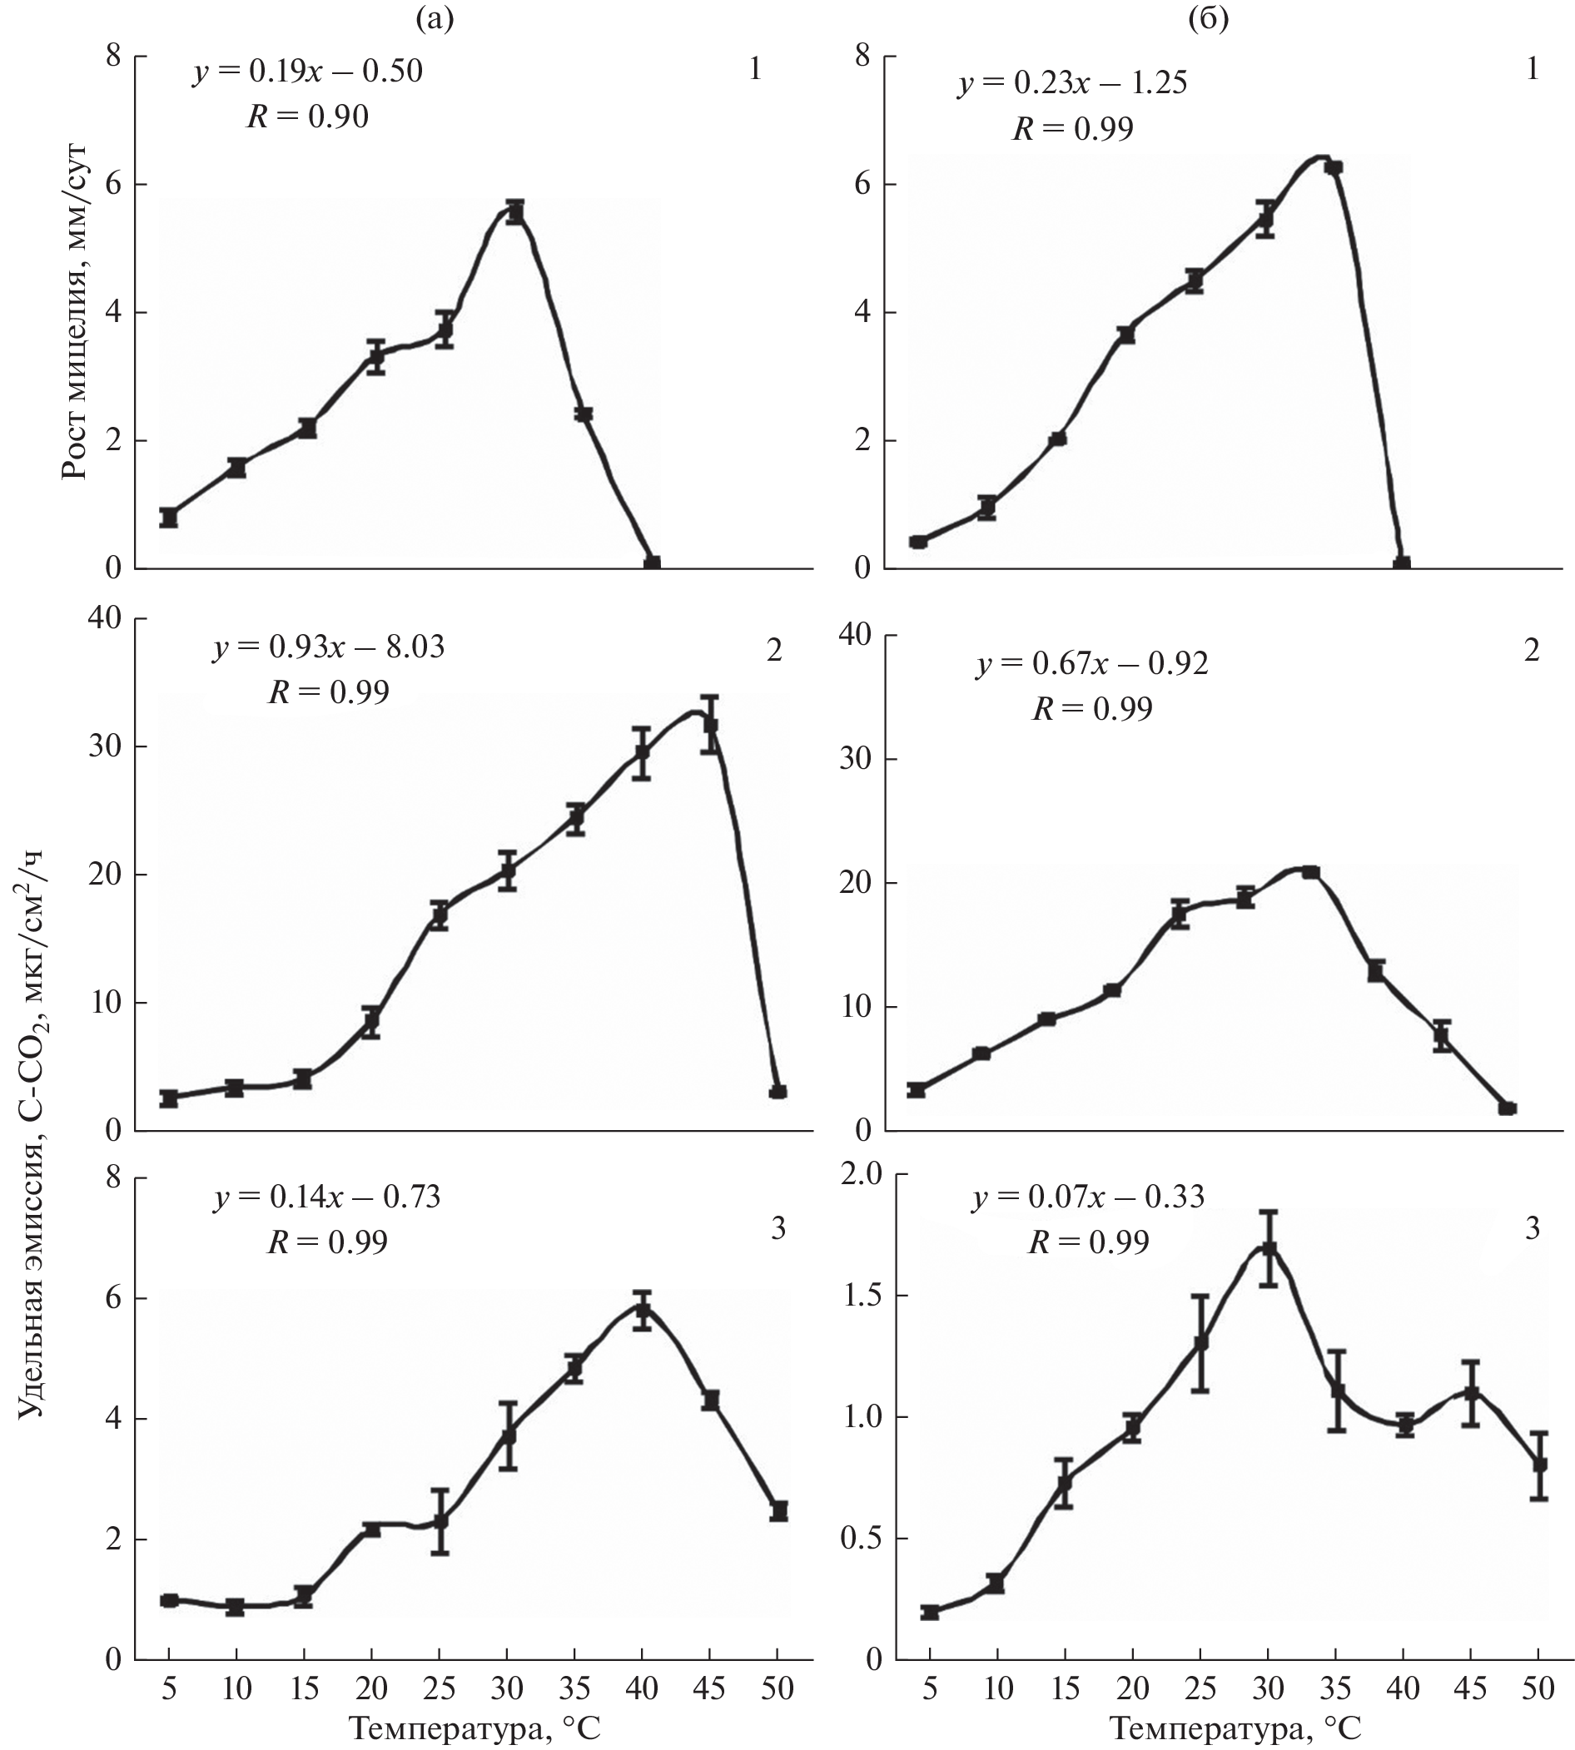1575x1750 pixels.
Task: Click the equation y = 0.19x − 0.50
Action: click(308, 70)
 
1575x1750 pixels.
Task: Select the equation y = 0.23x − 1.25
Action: click(1072, 83)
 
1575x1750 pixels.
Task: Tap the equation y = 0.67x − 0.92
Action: click(1092, 663)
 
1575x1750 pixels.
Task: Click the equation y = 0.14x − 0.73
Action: click(327, 1197)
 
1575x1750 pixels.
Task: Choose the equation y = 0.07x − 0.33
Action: click(1088, 1197)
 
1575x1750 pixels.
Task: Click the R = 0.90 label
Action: click(308, 116)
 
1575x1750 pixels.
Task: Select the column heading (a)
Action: click(435, 18)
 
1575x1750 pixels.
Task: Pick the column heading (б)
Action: click(1208, 18)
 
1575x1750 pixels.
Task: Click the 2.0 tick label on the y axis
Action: click(860, 1175)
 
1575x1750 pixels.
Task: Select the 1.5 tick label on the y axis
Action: click(860, 1296)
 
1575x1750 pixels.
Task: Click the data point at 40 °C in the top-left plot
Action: click(652, 563)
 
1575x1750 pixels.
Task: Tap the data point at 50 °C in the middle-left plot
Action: click(778, 1092)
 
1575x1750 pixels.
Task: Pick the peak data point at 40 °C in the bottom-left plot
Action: click(642, 1309)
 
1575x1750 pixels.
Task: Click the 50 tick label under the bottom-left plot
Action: click(778, 1686)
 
